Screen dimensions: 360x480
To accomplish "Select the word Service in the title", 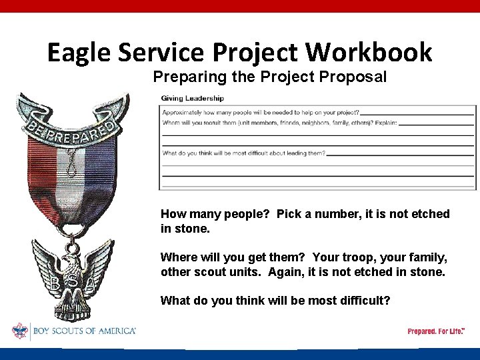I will coord(165,52).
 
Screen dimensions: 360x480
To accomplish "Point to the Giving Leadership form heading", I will coord(193,99).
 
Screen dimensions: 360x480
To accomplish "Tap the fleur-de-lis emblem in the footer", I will coord(20,331).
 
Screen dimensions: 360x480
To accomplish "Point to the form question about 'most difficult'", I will coord(244,153).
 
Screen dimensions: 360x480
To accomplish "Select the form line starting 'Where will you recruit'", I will coord(279,123).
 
